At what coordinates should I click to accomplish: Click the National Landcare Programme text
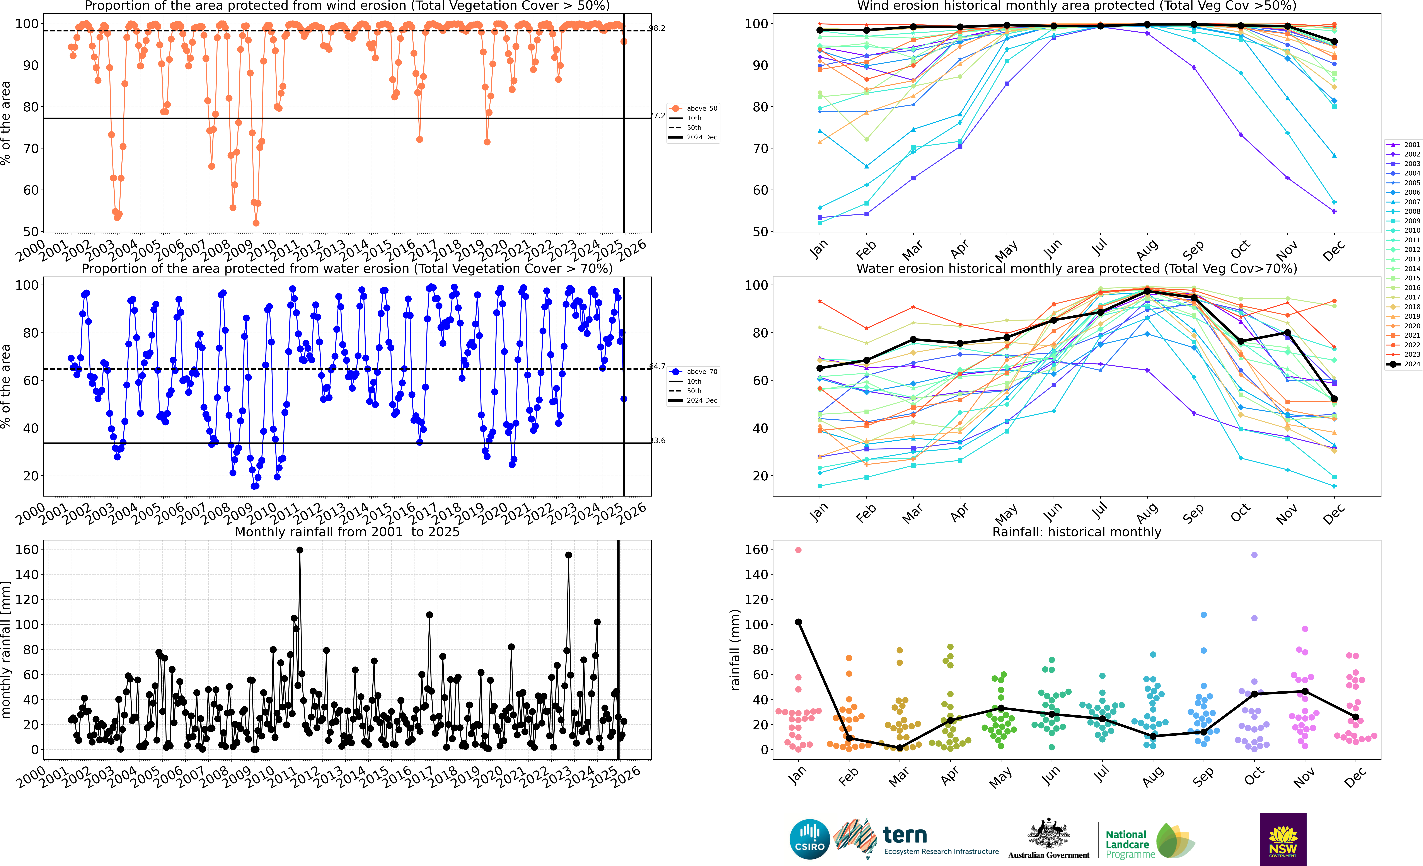[1126, 844]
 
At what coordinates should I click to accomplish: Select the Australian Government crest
[1048, 834]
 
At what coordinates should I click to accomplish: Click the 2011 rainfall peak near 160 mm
[300, 550]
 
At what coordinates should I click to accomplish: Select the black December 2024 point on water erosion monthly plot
[1334, 399]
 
